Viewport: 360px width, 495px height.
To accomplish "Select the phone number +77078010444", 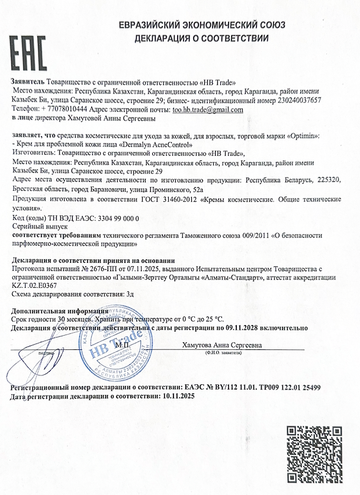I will tap(65, 110).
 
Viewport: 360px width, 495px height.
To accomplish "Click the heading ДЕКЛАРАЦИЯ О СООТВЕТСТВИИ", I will tap(201, 38).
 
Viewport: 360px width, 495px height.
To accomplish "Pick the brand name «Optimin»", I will tap(302, 136).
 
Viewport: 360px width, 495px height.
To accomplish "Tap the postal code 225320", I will tap(329, 179).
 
